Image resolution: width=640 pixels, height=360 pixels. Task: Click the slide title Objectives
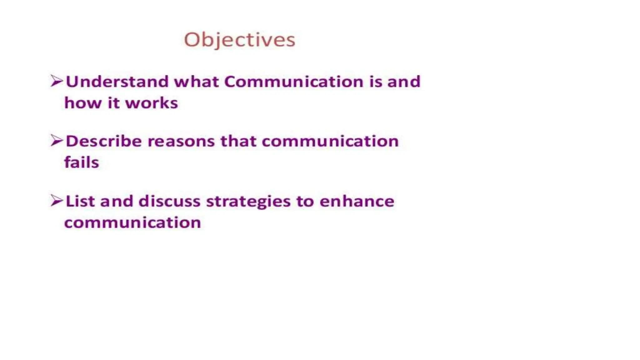(x=239, y=40)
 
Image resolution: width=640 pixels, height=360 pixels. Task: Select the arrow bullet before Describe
(x=57, y=141)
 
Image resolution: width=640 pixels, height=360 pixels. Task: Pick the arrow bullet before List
(x=57, y=200)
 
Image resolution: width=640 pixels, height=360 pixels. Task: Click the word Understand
(x=117, y=82)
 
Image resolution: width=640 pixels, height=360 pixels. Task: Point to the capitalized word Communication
(x=294, y=82)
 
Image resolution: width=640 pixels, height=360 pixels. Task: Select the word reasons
(x=181, y=141)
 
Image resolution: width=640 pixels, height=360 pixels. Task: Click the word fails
(x=82, y=162)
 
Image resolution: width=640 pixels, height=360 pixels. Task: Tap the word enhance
(x=357, y=201)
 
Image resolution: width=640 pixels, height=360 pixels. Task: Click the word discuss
(x=169, y=201)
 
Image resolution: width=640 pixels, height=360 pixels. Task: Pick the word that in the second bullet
(x=238, y=141)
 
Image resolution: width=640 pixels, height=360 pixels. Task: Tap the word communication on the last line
(x=132, y=222)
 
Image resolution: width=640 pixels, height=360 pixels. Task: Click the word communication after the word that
(x=330, y=141)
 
